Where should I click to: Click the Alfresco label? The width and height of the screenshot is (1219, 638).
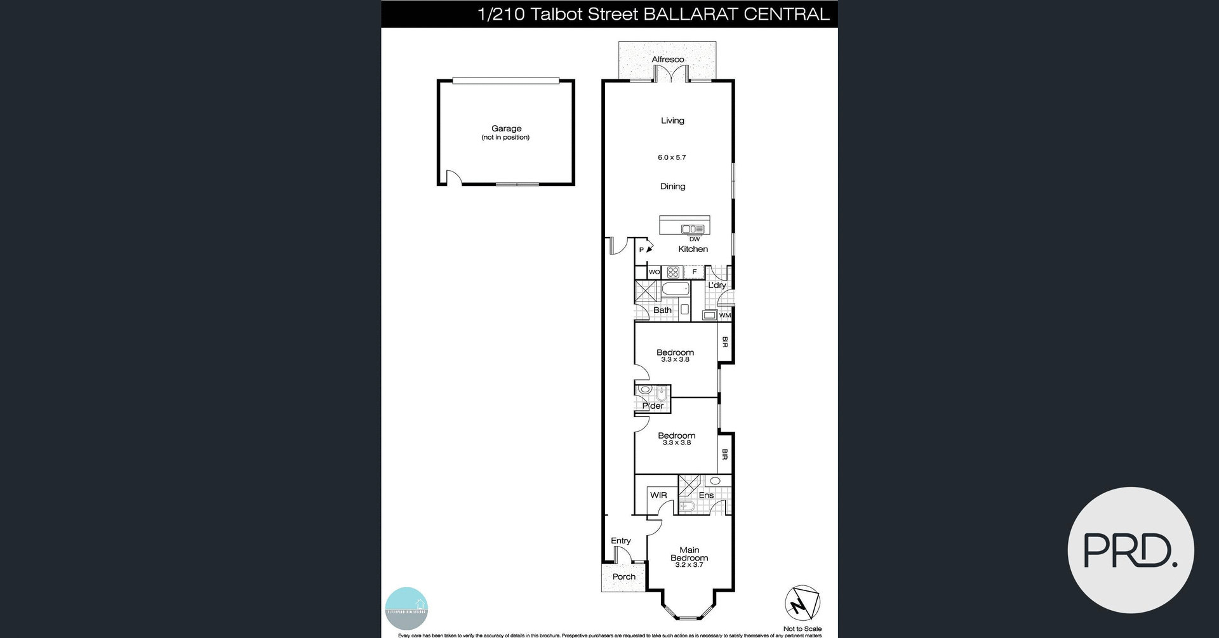point(667,60)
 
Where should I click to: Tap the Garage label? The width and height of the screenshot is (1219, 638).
point(506,128)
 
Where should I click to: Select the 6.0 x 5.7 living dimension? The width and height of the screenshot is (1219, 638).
point(672,157)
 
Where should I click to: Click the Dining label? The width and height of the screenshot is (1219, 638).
point(672,187)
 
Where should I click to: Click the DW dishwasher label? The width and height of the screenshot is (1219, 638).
point(695,239)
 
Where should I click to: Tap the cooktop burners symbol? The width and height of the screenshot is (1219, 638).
point(674,272)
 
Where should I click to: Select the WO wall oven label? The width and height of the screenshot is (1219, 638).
point(654,272)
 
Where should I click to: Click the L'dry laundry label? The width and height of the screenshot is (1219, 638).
point(717,285)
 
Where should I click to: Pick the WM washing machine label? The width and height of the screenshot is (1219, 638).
point(724,316)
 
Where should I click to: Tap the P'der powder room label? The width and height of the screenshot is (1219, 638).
point(653,406)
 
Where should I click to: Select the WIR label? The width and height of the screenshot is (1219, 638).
point(658,495)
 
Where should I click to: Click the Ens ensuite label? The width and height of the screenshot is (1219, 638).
point(706,495)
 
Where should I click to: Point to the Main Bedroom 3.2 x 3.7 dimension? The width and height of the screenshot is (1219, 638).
point(689,565)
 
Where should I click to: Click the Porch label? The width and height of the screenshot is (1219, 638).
point(623,576)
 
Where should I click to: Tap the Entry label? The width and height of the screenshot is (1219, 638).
point(621,541)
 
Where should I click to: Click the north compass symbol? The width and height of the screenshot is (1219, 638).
point(803,603)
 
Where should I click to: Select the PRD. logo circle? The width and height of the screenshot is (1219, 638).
point(1131,550)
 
